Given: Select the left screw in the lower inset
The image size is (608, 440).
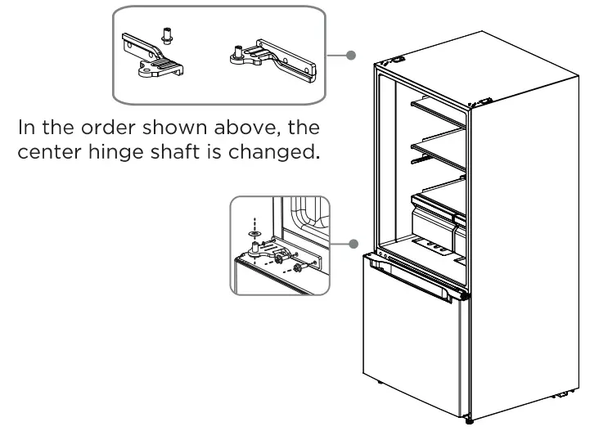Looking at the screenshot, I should [288, 259].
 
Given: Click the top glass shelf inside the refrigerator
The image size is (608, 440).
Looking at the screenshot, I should [438, 113].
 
